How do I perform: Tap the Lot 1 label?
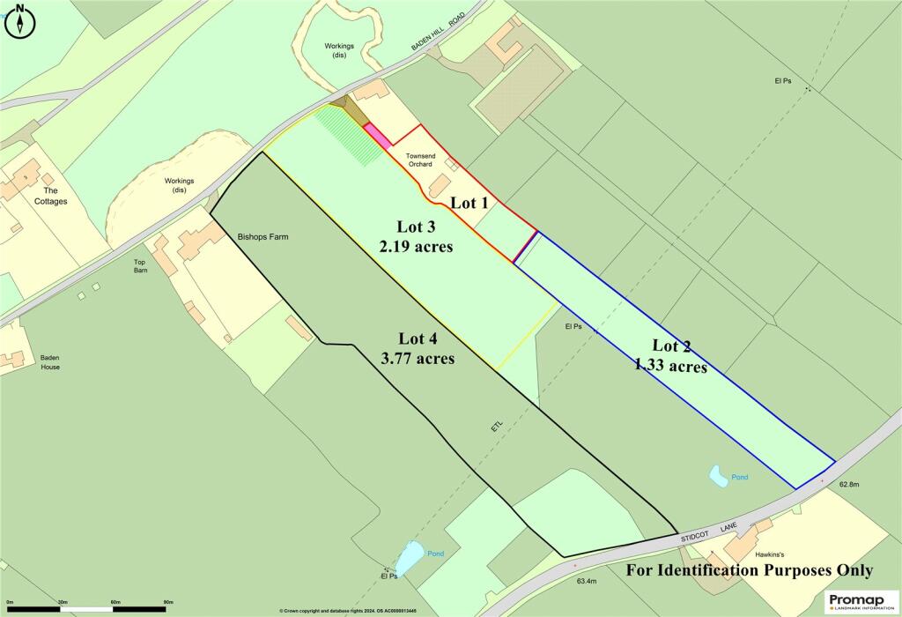[x=470, y=203]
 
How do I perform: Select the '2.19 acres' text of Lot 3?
[x=417, y=247]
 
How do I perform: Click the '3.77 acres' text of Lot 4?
[x=418, y=358]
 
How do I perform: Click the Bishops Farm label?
[x=262, y=237]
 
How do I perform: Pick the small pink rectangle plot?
[x=378, y=135]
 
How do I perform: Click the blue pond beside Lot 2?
[x=719, y=477]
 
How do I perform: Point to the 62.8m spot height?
[x=848, y=484]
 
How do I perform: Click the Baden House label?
[x=49, y=361]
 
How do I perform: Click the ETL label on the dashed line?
[x=498, y=427]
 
